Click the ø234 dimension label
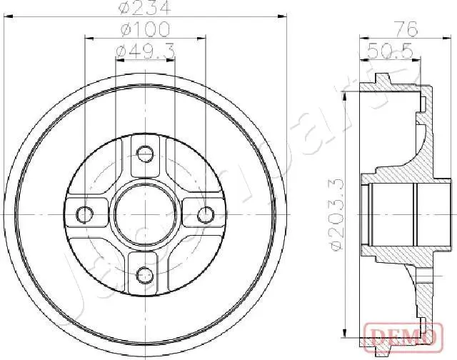point(146,9)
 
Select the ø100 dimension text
point(146,29)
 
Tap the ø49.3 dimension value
point(146,50)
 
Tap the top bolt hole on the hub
point(146,153)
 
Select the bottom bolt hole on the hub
point(146,274)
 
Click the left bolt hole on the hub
point(85,214)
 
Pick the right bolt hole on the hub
point(206,214)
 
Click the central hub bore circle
point(146,214)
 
